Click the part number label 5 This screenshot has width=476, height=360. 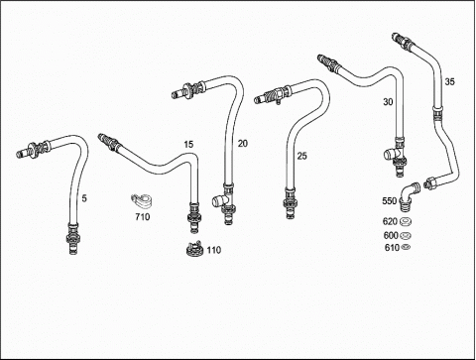[84, 198]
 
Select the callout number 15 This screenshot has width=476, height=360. [188, 145]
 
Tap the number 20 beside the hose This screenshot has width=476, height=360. [242, 144]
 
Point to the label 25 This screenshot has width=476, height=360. [301, 156]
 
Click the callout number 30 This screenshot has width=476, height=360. [388, 102]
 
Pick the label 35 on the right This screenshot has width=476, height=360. [449, 81]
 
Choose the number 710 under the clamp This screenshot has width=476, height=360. [143, 217]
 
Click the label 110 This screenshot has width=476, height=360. [214, 250]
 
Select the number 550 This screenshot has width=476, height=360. [390, 201]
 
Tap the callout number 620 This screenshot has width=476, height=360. [390, 221]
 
